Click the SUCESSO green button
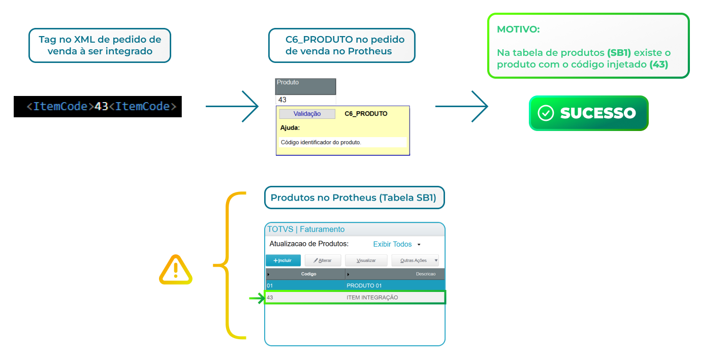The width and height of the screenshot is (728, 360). point(588,113)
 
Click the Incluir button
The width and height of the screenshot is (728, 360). point(283,260)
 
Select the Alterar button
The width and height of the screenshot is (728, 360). point(323,260)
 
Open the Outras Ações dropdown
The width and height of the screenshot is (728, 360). point(415,260)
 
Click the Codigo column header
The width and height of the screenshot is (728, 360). point(308,274)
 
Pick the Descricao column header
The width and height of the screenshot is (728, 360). point(426,274)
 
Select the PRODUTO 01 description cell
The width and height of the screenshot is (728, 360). point(364,285)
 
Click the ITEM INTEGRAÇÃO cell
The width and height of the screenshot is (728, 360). point(372,298)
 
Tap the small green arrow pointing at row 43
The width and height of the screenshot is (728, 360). point(257,298)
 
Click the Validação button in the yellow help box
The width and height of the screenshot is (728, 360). point(307,114)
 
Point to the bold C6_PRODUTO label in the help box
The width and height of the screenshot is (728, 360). point(366,114)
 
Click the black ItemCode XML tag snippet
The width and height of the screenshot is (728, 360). point(98,107)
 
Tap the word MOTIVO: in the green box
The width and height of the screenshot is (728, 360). point(518,29)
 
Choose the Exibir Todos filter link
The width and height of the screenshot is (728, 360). point(393,244)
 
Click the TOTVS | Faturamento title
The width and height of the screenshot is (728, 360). point(306,229)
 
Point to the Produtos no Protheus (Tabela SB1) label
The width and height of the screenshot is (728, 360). point(354,198)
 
